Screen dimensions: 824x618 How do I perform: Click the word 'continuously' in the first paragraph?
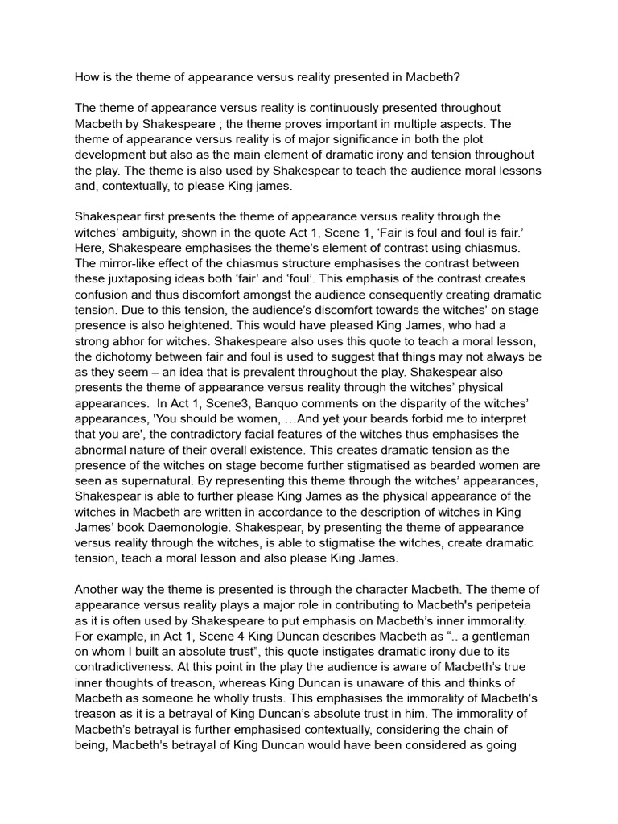[x=365, y=108]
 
